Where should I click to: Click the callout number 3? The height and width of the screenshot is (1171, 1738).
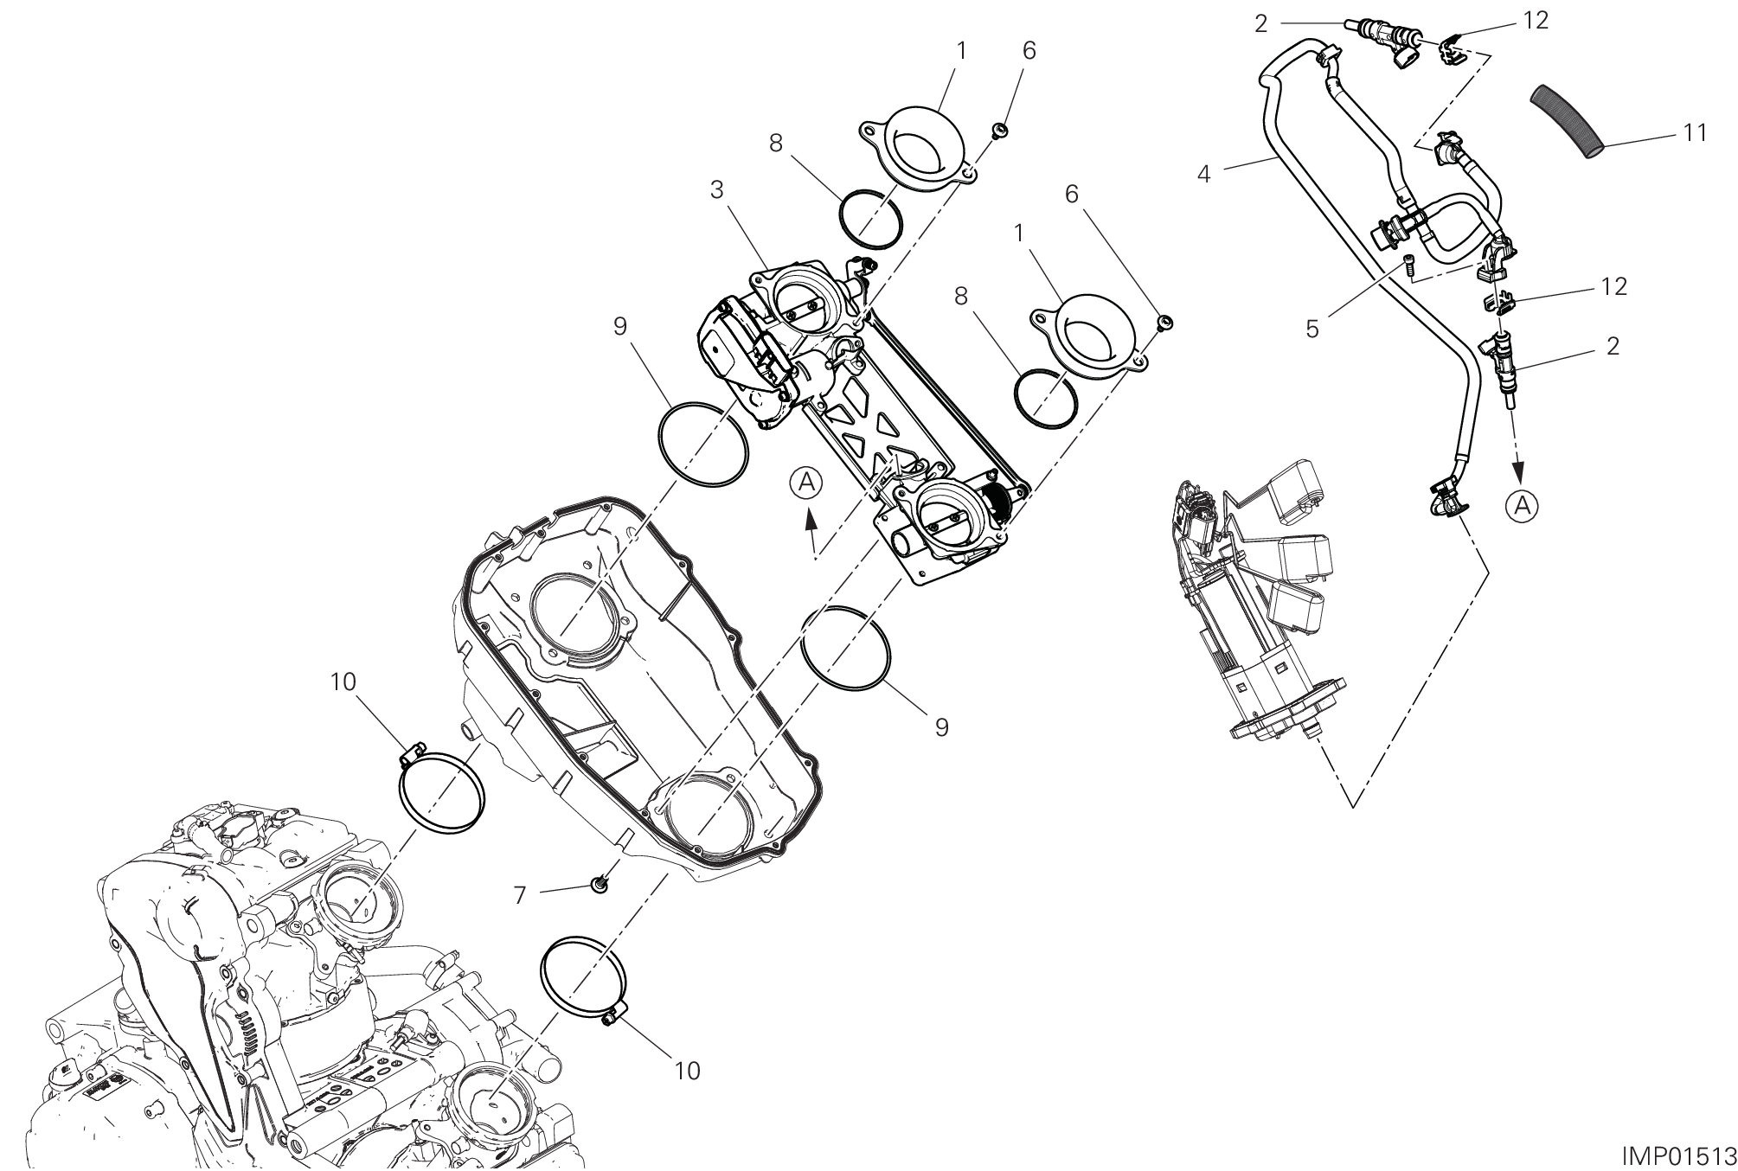(717, 189)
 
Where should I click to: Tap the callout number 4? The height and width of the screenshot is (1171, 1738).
(1204, 173)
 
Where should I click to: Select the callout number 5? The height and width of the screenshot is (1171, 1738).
(1313, 329)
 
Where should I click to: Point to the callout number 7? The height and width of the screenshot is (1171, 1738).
(520, 894)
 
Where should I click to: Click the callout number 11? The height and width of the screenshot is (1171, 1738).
(1696, 132)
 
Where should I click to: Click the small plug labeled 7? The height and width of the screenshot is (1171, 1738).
(597, 883)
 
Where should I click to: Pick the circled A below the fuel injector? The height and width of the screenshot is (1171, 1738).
(1523, 506)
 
